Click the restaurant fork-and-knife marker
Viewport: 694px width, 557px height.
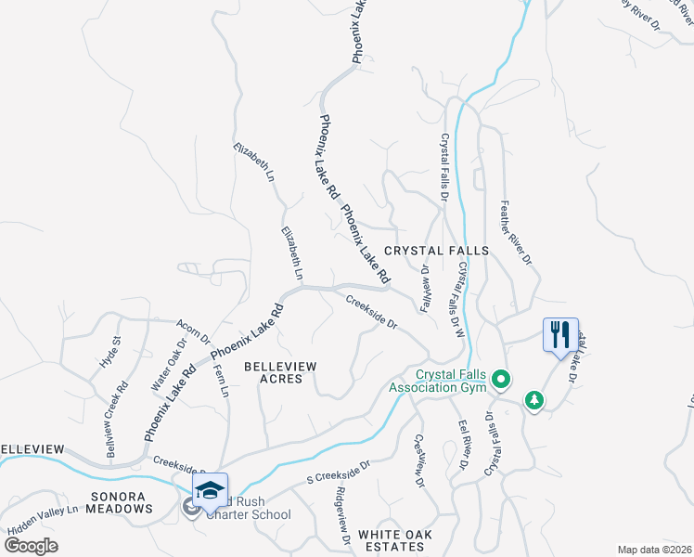click(x=559, y=335)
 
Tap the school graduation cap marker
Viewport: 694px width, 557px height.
click(x=210, y=489)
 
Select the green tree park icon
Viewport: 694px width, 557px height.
click(x=533, y=400)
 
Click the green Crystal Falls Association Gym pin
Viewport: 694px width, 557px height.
click(x=502, y=379)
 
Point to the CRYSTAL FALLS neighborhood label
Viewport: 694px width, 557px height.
click(x=436, y=251)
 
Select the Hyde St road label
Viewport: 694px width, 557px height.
click(x=109, y=352)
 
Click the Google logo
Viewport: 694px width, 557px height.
click(x=31, y=546)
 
